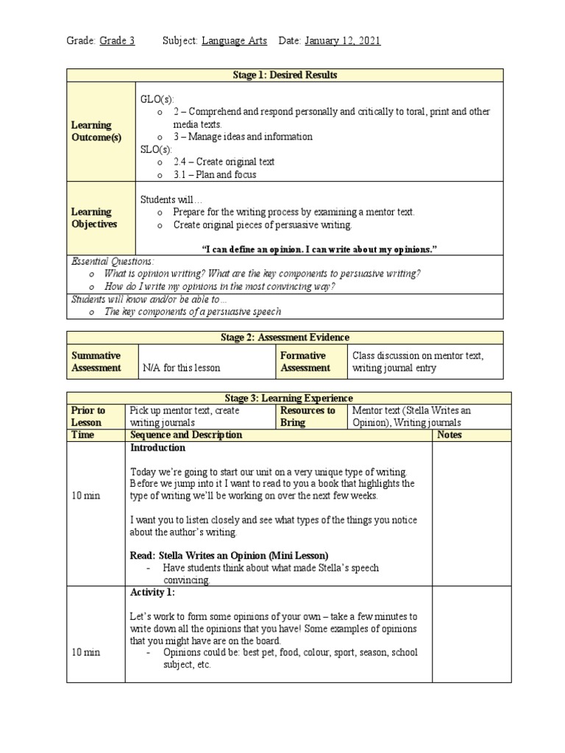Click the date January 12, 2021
(x=342, y=41)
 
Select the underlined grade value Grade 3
(x=117, y=41)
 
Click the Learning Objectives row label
(x=94, y=218)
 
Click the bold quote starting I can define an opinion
(x=319, y=249)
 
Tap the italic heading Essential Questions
(x=113, y=261)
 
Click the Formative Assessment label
(x=306, y=361)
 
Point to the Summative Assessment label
(x=96, y=361)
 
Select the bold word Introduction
(x=157, y=447)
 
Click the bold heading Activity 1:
(x=152, y=593)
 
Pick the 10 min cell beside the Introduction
(x=86, y=496)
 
